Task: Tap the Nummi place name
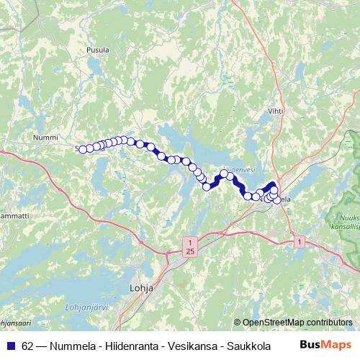tap(45, 136)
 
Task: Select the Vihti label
tap(276, 111)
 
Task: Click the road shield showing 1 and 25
tap(189, 246)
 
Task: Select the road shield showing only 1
tap(299, 243)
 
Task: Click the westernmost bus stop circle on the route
tap(82, 149)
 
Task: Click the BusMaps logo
tap(325, 345)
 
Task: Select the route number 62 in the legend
tap(27, 346)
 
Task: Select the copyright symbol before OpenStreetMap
tap(238, 323)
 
